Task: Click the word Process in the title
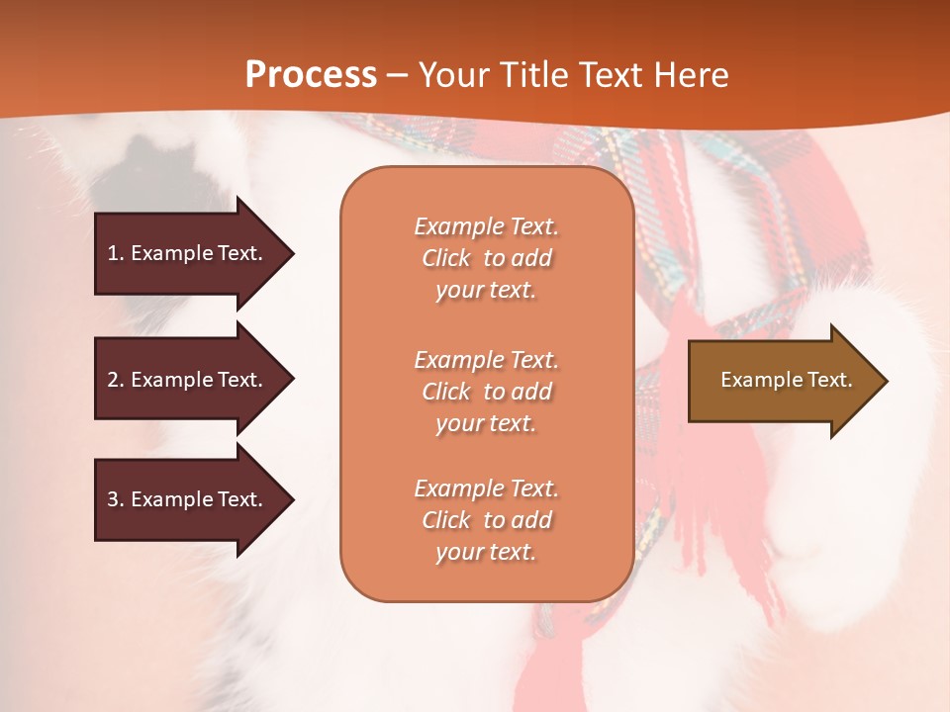pyautogui.click(x=311, y=74)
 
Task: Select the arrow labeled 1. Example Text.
pyautogui.click(x=188, y=253)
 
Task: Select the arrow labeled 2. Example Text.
pyautogui.click(x=188, y=380)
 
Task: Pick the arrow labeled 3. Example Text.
pyautogui.click(x=188, y=499)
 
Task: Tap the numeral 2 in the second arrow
pyautogui.click(x=113, y=380)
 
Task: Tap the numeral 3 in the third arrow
pyautogui.click(x=113, y=499)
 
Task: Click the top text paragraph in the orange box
pyautogui.click(x=486, y=258)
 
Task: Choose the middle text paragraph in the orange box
pyautogui.click(x=486, y=392)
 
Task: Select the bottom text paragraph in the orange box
pyautogui.click(x=486, y=520)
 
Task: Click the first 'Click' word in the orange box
pyautogui.click(x=446, y=258)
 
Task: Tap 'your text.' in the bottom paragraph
pyautogui.click(x=486, y=552)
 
